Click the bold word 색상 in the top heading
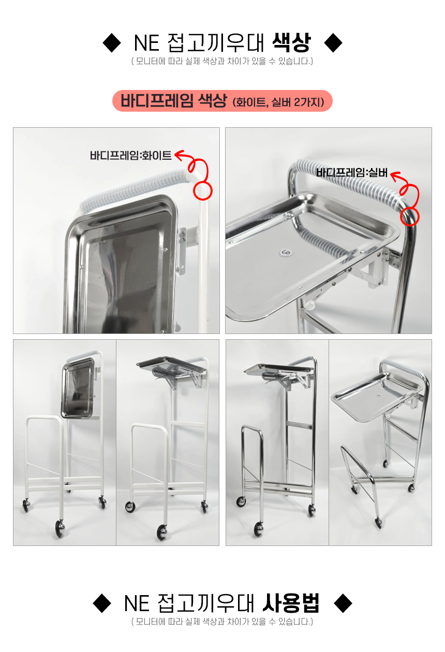[291, 42]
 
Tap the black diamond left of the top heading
[112, 43]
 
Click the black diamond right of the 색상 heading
[333, 43]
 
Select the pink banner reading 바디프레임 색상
[222, 101]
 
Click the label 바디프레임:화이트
[130, 156]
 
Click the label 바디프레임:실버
[352, 173]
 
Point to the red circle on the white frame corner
[203, 191]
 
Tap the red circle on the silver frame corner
[409, 217]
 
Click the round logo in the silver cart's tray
[285, 253]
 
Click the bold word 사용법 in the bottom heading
[291, 603]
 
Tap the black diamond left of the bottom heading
[102, 603]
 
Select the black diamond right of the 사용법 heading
[343, 603]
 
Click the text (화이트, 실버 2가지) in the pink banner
[278, 102]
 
